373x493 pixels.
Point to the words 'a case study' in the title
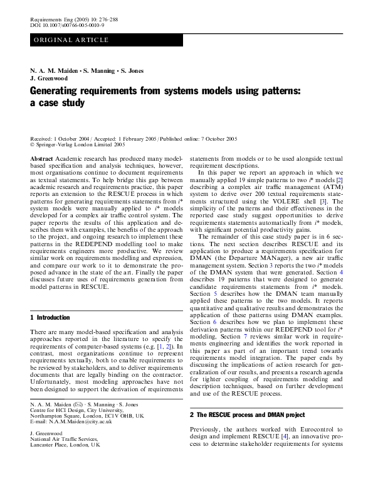(x=57, y=103)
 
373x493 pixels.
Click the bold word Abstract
(x=41, y=160)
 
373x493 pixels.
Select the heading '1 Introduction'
(x=50, y=318)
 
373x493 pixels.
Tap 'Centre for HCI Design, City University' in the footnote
(x=71, y=409)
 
